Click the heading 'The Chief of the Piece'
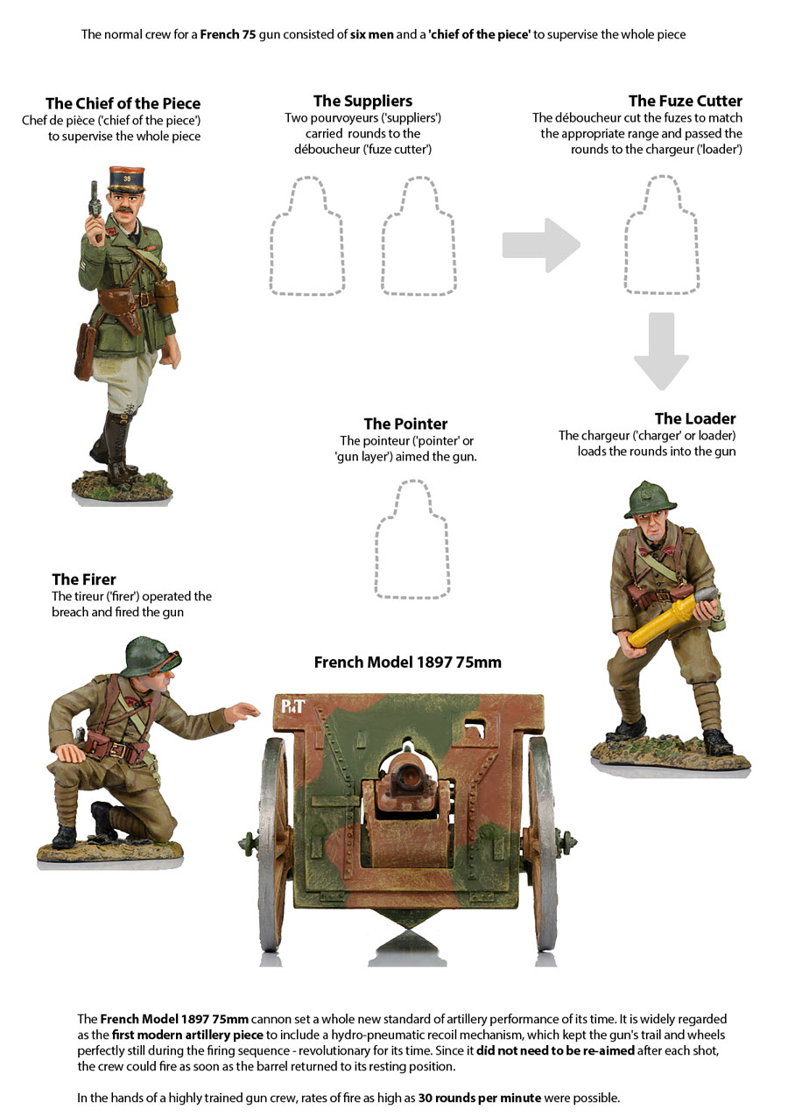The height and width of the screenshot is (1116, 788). (123, 103)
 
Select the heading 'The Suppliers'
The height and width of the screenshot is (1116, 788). (362, 101)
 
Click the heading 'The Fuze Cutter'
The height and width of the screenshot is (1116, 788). (686, 101)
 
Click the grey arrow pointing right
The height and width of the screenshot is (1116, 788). (541, 245)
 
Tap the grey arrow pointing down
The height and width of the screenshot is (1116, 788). (661, 351)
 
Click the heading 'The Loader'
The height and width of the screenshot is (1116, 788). (695, 418)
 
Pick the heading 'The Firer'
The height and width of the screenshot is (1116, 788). (84, 579)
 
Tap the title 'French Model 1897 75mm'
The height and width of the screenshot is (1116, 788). (408, 662)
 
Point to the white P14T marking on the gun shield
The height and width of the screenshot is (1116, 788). (292, 706)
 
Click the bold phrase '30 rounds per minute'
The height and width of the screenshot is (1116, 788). (480, 1098)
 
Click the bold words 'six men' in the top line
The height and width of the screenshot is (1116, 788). (371, 34)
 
